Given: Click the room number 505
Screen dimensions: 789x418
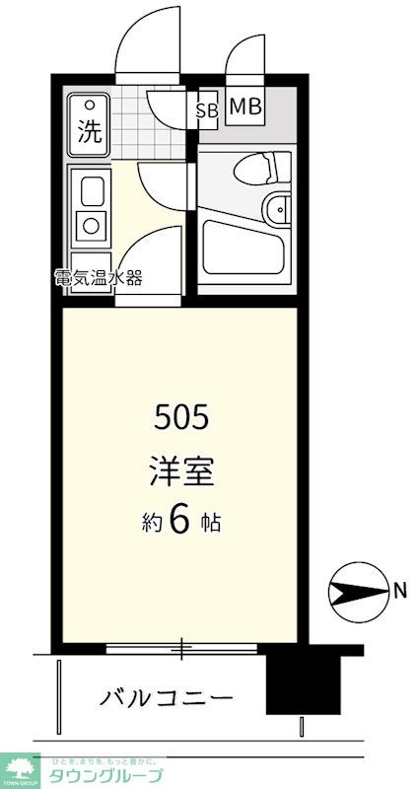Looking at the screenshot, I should (x=181, y=419).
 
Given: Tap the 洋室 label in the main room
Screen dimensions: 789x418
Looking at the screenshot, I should (x=180, y=471).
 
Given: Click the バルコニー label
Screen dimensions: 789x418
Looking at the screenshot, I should (x=167, y=698).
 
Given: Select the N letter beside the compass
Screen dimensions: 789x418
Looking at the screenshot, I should (x=399, y=592).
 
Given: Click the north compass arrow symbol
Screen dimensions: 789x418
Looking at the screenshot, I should (x=356, y=592).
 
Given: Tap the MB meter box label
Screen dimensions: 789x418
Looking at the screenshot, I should (x=245, y=108).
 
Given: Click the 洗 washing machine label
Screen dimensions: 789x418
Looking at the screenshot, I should (x=90, y=132).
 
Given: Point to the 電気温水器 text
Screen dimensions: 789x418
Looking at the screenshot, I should (x=98, y=277).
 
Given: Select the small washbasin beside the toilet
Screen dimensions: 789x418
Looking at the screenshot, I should (x=280, y=208).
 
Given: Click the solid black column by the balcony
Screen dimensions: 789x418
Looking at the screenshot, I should (x=294, y=681).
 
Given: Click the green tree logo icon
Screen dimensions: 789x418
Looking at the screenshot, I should (x=20, y=765).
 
